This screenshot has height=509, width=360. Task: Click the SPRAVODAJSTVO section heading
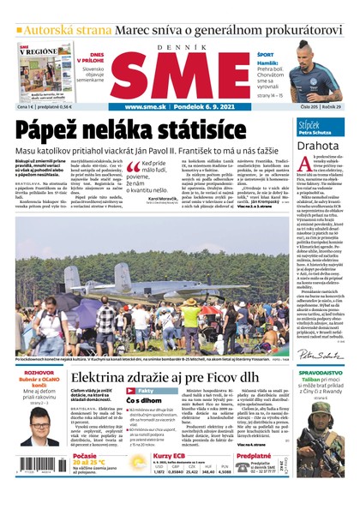[x=322, y=373]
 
